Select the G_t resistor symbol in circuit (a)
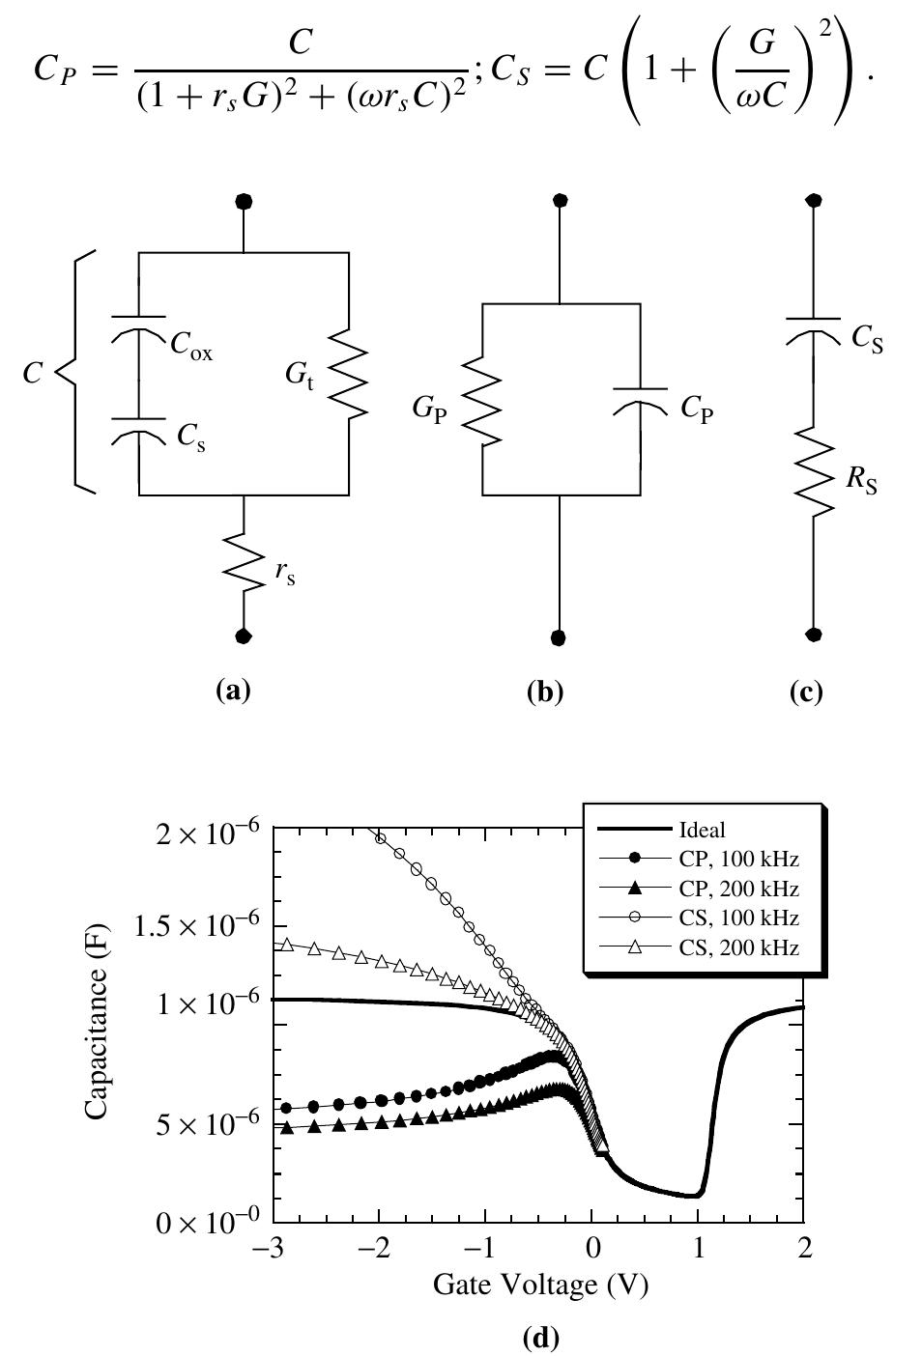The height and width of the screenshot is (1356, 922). point(349,373)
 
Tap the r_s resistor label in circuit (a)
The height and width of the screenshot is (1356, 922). point(284,573)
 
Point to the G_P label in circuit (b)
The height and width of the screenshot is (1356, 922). point(429,410)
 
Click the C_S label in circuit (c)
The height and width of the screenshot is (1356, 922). point(867,340)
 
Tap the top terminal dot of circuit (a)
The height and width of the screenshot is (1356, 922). point(244,201)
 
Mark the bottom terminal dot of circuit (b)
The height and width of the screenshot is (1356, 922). point(559,637)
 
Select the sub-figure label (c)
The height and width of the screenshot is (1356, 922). point(806,692)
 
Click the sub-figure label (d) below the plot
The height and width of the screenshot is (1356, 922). point(540,1337)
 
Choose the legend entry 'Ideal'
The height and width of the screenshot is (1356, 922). point(702,830)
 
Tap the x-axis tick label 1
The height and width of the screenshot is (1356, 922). point(698,1248)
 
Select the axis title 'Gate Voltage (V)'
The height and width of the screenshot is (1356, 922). point(539,1285)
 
